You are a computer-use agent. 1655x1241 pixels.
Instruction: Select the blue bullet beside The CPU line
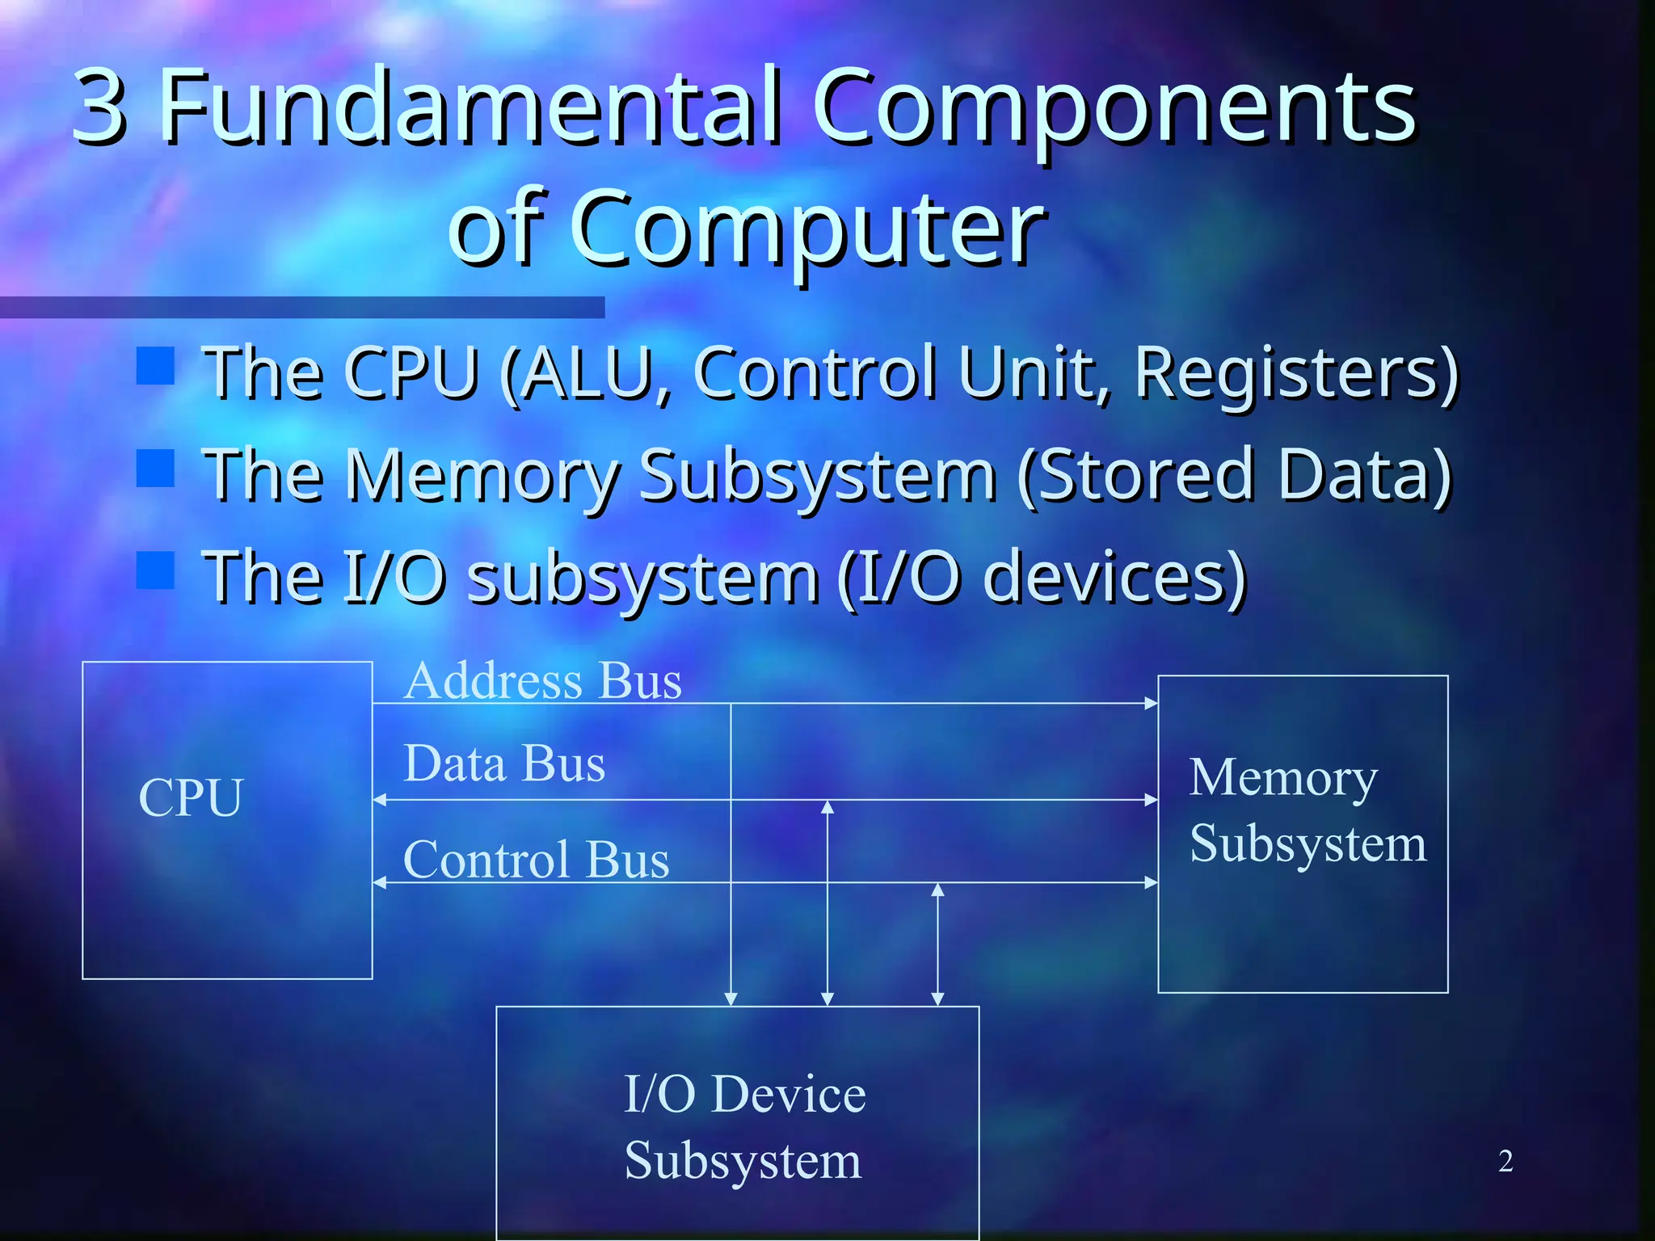click(155, 365)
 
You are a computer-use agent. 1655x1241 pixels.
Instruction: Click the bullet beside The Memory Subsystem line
click(155, 468)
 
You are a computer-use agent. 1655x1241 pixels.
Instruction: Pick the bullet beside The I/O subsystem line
click(155, 570)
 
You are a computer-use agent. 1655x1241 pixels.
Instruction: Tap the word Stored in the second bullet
click(1139, 476)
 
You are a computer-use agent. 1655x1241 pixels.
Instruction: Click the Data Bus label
click(504, 764)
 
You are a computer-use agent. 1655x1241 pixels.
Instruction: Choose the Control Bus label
click(536, 859)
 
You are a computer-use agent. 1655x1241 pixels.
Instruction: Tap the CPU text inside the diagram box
click(191, 798)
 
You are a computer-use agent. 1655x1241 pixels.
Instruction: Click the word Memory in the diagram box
click(1283, 778)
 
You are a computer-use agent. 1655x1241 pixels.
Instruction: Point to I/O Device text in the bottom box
click(744, 1094)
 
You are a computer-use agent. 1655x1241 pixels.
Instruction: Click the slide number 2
click(1505, 1161)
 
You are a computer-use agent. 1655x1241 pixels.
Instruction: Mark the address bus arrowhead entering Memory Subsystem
click(1152, 704)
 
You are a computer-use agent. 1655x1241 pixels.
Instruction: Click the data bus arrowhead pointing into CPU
click(379, 800)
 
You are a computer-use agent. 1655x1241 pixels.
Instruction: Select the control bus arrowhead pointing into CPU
click(379, 883)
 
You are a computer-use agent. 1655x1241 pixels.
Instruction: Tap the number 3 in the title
click(100, 106)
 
